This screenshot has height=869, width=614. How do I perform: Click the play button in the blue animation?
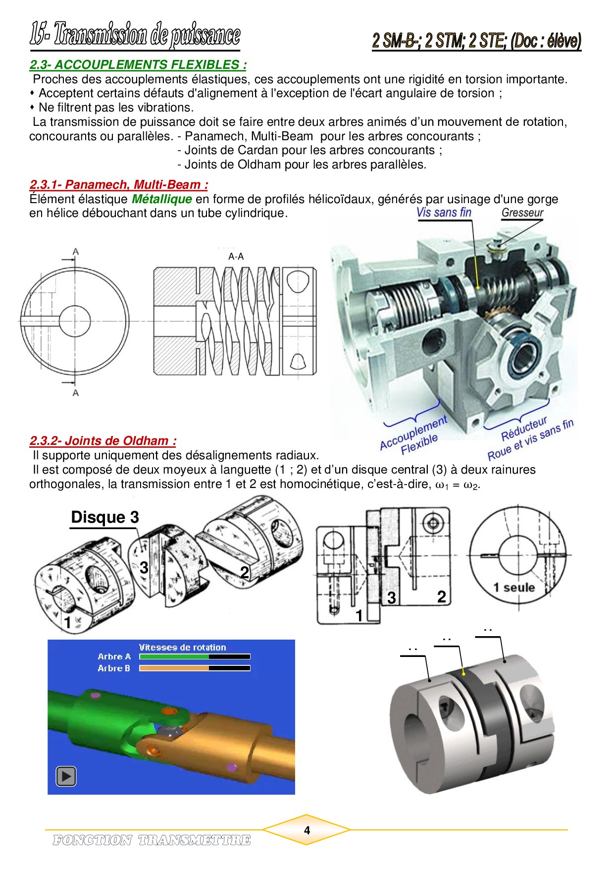click(x=66, y=776)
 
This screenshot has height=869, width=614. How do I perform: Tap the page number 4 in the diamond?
click(x=307, y=830)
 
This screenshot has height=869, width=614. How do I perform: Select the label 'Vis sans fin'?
click(x=444, y=213)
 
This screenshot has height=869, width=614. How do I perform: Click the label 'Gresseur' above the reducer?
click(x=522, y=213)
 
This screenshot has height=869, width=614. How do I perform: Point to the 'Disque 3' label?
click(x=105, y=517)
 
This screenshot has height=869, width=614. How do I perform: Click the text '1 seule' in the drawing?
click(x=514, y=588)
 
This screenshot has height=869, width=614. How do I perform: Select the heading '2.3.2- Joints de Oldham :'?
click(x=103, y=440)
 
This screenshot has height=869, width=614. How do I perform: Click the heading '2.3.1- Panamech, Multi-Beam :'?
click(x=119, y=185)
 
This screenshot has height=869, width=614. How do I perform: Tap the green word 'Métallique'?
click(x=162, y=199)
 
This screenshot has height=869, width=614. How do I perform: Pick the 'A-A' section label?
click(x=236, y=257)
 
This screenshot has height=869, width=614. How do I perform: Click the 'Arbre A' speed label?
click(x=114, y=656)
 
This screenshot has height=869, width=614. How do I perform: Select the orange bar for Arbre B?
click(x=174, y=668)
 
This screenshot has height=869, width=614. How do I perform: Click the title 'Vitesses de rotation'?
click(x=182, y=647)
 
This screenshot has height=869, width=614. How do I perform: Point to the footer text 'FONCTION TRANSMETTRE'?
click(x=152, y=840)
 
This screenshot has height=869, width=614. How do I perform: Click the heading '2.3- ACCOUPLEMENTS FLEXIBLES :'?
click(x=138, y=65)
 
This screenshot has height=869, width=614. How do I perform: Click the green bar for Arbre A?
click(x=174, y=656)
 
